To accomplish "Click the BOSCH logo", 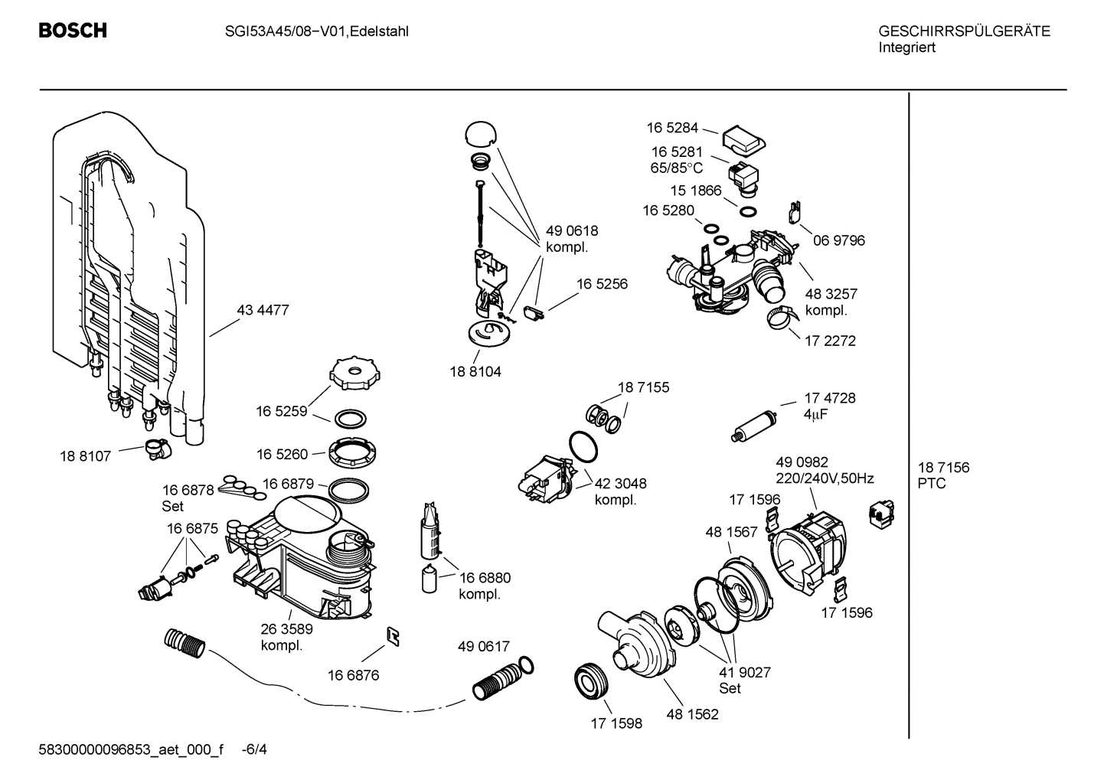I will click(73, 31).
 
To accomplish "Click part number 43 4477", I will click(263, 310).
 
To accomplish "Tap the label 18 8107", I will click(85, 456).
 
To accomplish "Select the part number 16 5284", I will click(672, 128).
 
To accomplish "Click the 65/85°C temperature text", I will click(676, 168).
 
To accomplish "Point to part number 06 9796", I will click(838, 240).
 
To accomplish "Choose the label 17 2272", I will click(830, 341).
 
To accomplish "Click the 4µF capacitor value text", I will click(815, 414).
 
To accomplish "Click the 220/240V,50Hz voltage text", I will click(825, 478).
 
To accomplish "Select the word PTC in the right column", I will click(931, 484).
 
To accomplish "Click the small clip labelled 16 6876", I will click(394, 636).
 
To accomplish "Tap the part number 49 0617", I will click(483, 647).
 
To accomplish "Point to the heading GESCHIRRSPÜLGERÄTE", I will click(964, 31).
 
